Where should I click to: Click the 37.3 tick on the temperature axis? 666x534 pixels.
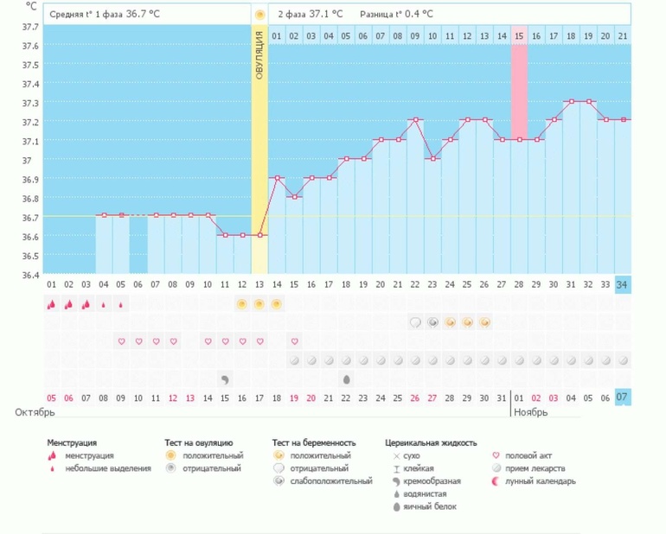(x=30, y=103)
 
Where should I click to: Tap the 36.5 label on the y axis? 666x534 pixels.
(x=30, y=256)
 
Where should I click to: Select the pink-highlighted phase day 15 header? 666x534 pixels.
(x=519, y=36)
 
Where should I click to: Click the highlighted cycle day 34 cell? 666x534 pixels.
(x=622, y=285)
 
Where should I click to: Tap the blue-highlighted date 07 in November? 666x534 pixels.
(x=622, y=397)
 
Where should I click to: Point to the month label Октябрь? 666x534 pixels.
(x=35, y=413)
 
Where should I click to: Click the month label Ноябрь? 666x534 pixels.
(x=532, y=413)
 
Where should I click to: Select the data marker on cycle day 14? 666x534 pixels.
(x=277, y=178)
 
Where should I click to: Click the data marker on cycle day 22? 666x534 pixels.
(x=415, y=120)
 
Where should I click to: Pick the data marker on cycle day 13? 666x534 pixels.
(x=259, y=235)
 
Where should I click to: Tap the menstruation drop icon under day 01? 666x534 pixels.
(x=52, y=304)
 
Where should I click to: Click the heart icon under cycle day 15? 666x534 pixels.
(x=294, y=341)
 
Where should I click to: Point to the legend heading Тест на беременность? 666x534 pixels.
(x=313, y=442)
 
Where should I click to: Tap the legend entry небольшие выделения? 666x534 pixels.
(x=107, y=468)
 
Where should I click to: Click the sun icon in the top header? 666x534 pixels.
(x=259, y=15)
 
